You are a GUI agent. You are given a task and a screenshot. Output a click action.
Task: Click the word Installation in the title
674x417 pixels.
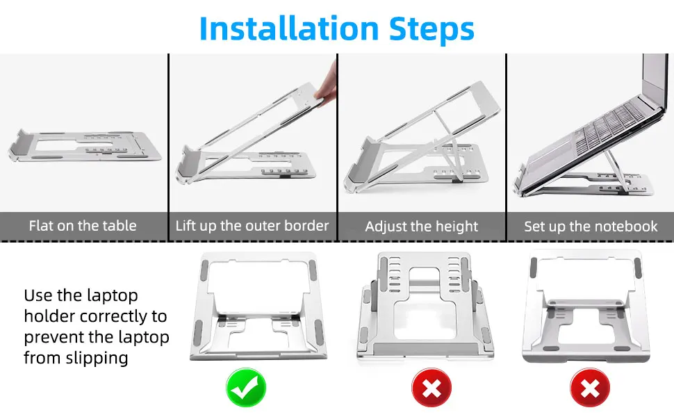click(289, 28)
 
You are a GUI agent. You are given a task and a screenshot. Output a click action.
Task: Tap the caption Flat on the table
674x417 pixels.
click(83, 226)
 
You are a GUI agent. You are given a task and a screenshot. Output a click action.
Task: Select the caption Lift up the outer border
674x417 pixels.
click(252, 226)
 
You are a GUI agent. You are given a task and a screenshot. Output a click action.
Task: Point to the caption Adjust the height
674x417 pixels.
click(421, 226)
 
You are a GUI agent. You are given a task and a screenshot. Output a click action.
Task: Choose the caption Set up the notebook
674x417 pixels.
click(591, 226)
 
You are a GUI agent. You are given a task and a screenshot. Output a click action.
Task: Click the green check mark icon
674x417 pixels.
click(246, 387)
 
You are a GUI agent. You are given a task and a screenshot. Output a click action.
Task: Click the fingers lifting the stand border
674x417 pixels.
click(327, 84)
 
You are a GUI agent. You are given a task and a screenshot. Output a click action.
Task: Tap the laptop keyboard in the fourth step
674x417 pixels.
click(610, 124)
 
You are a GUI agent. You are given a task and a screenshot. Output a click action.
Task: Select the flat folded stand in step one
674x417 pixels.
click(84, 146)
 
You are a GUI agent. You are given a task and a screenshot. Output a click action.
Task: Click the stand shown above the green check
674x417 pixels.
click(258, 306)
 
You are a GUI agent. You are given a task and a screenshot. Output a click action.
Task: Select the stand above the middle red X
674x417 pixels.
click(425, 306)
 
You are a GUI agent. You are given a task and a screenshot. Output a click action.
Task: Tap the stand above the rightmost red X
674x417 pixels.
click(586, 306)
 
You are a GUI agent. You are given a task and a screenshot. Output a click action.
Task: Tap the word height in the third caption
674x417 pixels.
click(457, 227)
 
